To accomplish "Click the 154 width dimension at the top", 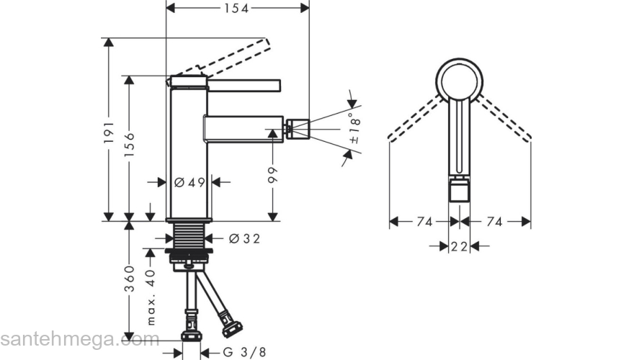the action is click(237, 8).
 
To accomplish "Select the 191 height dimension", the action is click(108, 132).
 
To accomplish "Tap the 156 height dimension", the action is click(129, 145).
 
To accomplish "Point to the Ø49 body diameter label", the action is click(189, 183).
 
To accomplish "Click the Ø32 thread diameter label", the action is click(245, 239).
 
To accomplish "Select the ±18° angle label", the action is click(354, 129).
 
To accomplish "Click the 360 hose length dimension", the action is click(129, 279).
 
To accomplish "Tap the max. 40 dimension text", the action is click(151, 297).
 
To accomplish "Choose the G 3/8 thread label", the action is click(244, 353).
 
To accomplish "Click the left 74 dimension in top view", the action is click(424, 222).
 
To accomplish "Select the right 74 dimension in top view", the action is click(494, 222).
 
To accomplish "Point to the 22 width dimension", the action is click(460, 246).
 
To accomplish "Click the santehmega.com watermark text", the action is click(80, 339).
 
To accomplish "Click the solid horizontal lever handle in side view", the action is click(244, 85).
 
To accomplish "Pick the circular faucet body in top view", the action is click(460, 81).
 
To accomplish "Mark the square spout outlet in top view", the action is click(460, 191).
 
